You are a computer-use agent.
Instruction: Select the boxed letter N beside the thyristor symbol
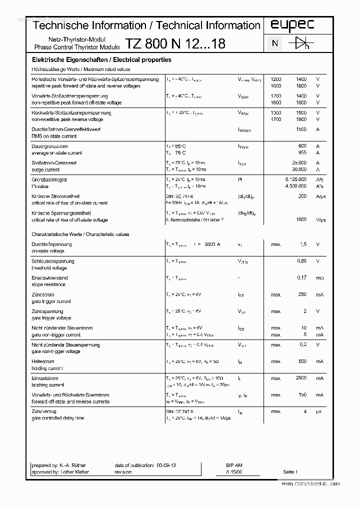pos(274,43)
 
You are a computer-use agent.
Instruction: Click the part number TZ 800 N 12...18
pos(175,44)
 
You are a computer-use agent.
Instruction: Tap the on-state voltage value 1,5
pos(302,244)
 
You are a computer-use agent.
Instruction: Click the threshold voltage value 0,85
pos(301,261)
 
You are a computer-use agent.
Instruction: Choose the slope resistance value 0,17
pos(301,277)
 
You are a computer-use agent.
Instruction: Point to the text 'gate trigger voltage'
pos(51,318)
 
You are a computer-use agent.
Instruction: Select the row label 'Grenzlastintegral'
pos(49,179)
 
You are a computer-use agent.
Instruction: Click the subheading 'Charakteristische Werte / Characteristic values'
pos(80,234)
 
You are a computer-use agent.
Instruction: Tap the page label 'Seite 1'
pos(290,471)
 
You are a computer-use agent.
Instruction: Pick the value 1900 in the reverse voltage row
pos(301,119)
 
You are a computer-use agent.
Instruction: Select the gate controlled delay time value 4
pos(304,411)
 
